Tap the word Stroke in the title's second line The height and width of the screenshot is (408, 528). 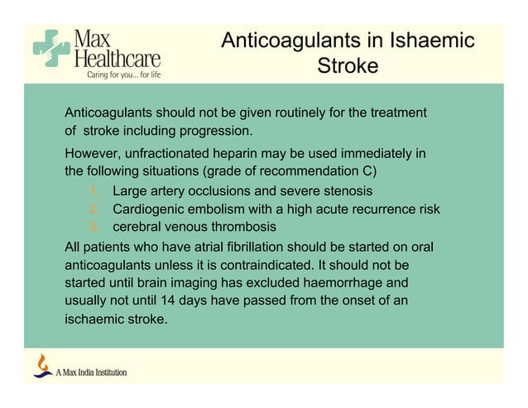click(x=348, y=65)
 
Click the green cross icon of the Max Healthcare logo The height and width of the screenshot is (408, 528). click(x=51, y=49)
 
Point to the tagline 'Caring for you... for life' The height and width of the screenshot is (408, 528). click(x=118, y=74)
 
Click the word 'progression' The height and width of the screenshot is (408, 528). click(x=210, y=131)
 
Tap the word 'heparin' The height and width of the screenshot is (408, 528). click(x=253, y=154)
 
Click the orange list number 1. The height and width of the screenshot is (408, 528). click(x=94, y=192)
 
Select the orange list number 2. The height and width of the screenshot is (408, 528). click(x=94, y=209)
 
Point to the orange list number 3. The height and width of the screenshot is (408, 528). click(x=94, y=227)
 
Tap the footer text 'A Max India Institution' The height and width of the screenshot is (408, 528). click(x=91, y=372)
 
